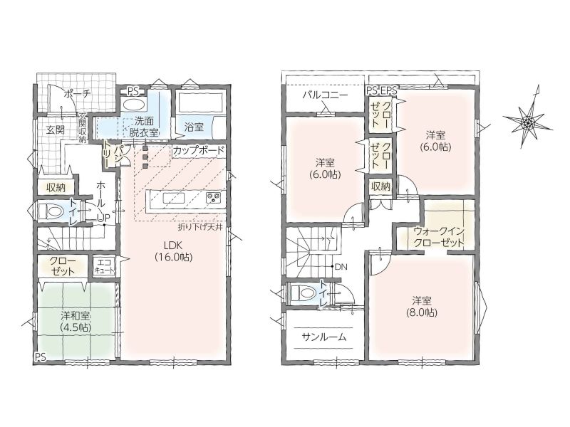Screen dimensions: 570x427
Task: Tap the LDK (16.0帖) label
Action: point(173,251)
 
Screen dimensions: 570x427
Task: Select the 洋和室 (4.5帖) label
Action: point(76,322)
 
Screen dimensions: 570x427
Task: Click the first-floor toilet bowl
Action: point(51,211)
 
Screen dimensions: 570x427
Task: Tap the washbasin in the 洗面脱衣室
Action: point(133,104)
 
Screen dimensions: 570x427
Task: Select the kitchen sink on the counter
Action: point(173,199)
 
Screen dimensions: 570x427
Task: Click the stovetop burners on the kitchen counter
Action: point(212,198)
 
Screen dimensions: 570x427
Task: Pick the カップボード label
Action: point(199,151)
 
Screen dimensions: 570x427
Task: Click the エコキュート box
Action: point(105,266)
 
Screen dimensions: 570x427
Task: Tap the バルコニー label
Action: point(325,95)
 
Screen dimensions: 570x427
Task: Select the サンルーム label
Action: point(324,337)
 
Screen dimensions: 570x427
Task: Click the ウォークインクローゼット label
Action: point(439,236)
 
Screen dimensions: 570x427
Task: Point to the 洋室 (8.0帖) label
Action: point(422,307)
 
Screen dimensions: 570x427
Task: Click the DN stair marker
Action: point(341,267)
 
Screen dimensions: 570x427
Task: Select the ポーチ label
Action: point(76,94)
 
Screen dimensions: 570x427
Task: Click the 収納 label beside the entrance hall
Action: point(56,188)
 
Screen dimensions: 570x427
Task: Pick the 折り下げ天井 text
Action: point(200,227)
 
